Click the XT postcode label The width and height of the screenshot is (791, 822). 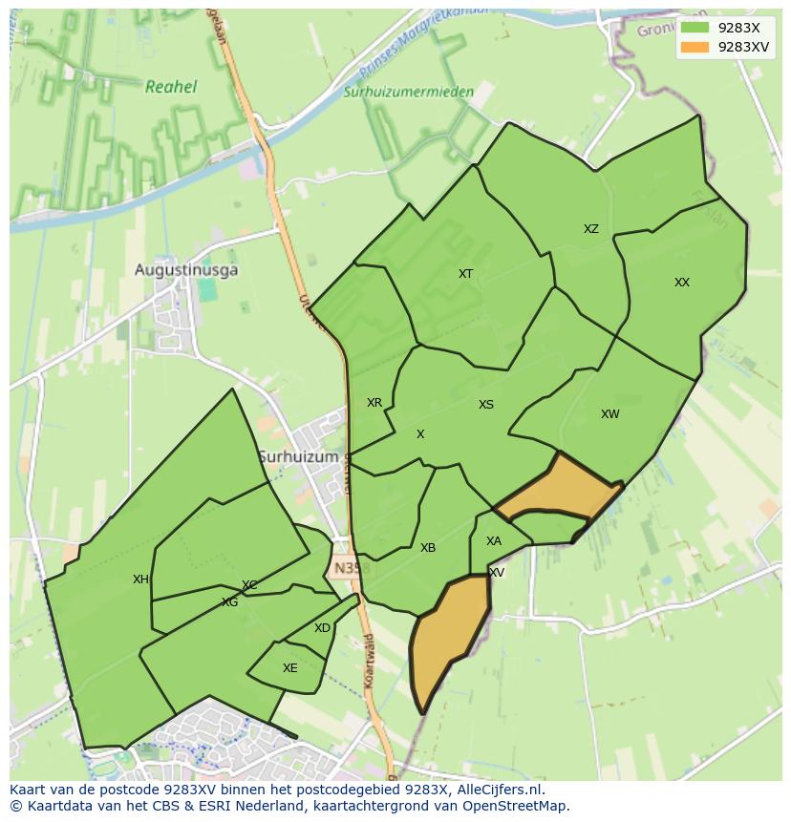tap(465, 274)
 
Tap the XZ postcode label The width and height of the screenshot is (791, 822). tap(591, 229)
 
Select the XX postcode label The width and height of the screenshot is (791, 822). tap(681, 283)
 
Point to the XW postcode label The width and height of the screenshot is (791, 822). tap(609, 414)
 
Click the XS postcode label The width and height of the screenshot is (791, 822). tap(486, 405)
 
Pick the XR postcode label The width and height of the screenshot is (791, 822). tap(374, 403)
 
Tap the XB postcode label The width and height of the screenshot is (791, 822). tap(428, 548)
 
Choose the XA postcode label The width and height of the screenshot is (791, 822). tap(493, 541)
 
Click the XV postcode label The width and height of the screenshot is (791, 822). tap(497, 573)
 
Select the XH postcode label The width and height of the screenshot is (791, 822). tap(140, 580)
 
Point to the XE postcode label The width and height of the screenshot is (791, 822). tap(290, 668)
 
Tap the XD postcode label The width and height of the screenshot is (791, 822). tap(322, 628)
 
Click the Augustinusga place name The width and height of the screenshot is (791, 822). tap(186, 270)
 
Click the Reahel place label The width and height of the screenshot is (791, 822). tap(171, 87)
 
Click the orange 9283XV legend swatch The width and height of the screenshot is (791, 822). tap(695, 47)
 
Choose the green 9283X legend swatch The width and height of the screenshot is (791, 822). tap(695, 28)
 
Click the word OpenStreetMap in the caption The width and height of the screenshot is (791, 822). tap(518, 806)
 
